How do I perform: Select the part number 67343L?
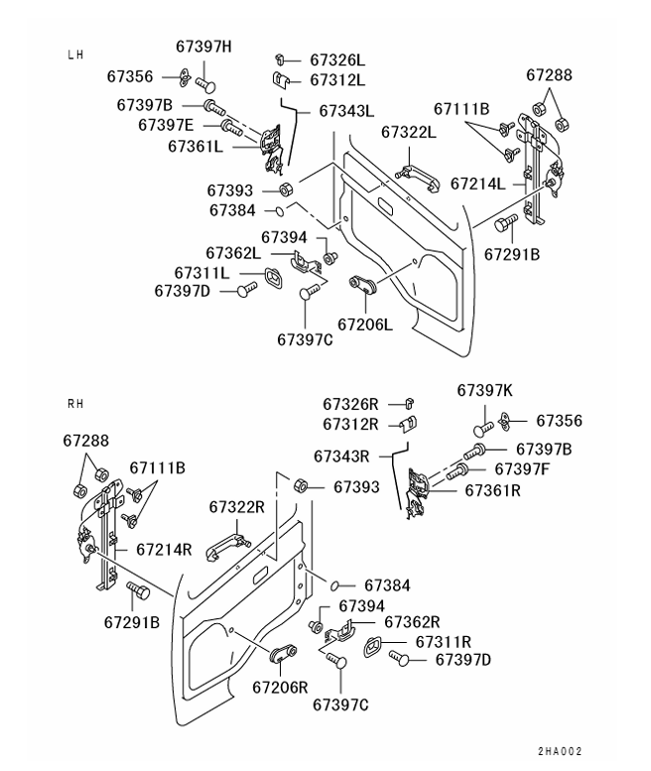(x=346, y=111)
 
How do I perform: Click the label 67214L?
(x=478, y=184)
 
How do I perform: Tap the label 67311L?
(x=202, y=272)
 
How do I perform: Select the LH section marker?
(x=75, y=55)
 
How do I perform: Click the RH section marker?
(x=75, y=404)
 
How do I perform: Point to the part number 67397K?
(x=485, y=391)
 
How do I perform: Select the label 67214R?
(x=164, y=548)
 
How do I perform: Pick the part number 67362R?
(x=412, y=622)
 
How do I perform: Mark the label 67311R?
(x=443, y=642)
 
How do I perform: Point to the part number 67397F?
(x=522, y=468)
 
